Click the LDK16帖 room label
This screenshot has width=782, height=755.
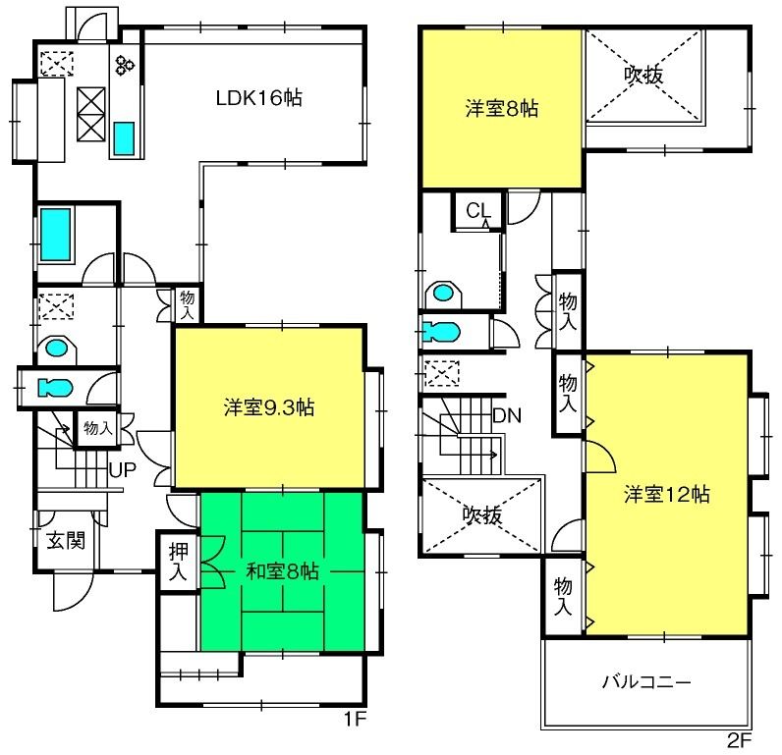pos(258,97)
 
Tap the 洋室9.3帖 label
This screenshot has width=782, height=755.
pos(269,407)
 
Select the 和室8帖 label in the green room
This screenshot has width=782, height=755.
pos(282,571)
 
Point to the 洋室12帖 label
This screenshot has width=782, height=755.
pos(667,495)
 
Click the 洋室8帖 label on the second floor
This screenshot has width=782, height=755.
pos(502,108)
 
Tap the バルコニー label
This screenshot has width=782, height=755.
pos(645,680)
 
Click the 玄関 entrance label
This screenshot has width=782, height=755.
pos(67,541)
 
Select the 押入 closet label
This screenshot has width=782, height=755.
pos(179,562)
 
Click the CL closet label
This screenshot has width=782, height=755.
pos(477,211)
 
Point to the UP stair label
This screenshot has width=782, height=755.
pos(122,470)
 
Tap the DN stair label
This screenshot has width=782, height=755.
pos(507,415)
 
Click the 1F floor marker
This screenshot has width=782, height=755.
pos(355,719)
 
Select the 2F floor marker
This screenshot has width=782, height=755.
pos(739,741)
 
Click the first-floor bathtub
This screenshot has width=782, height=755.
pos(56,235)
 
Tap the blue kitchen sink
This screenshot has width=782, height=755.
pos(124,138)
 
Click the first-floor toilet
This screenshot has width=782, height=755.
pos(55,387)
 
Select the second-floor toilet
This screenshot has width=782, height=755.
pos(440,332)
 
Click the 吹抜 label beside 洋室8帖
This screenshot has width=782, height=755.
pos(643,75)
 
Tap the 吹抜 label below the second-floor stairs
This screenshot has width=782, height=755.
pos(481,514)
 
